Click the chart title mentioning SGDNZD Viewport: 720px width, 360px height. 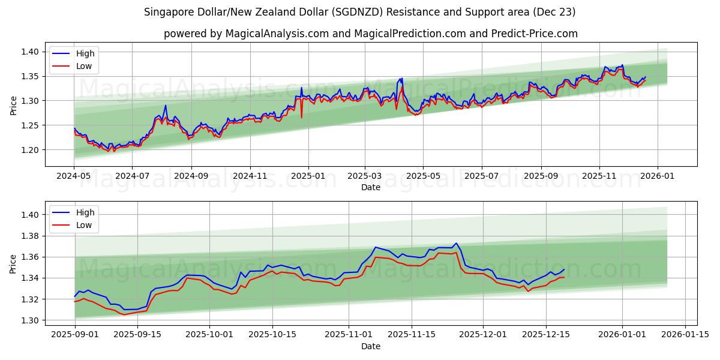[360, 12]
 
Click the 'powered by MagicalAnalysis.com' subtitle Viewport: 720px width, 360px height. [370, 34]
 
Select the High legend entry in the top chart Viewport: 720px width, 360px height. [85, 53]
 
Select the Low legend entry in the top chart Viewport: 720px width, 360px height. [84, 66]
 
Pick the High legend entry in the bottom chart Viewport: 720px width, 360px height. [85, 212]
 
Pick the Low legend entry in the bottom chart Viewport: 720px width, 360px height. [84, 225]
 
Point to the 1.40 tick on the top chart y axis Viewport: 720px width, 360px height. [30, 52]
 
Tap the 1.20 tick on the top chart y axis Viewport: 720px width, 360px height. [30, 150]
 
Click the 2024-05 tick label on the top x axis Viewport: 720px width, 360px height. [74, 176]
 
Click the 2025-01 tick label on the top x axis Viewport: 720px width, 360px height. [308, 176]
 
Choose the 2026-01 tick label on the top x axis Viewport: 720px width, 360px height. [658, 176]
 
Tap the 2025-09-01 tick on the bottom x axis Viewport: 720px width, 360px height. [74, 335]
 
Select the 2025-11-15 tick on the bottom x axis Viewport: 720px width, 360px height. [411, 335]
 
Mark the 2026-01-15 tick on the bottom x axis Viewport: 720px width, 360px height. [685, 335]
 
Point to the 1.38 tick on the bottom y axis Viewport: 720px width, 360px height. [30, 236]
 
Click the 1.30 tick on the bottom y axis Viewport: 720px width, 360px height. [30, 320]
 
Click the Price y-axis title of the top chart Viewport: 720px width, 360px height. [14, 106]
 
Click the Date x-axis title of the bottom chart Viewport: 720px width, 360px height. [370, 346]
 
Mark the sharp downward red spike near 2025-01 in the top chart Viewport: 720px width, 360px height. [301, 116]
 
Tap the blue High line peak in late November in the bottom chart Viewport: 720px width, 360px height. [456, 244]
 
